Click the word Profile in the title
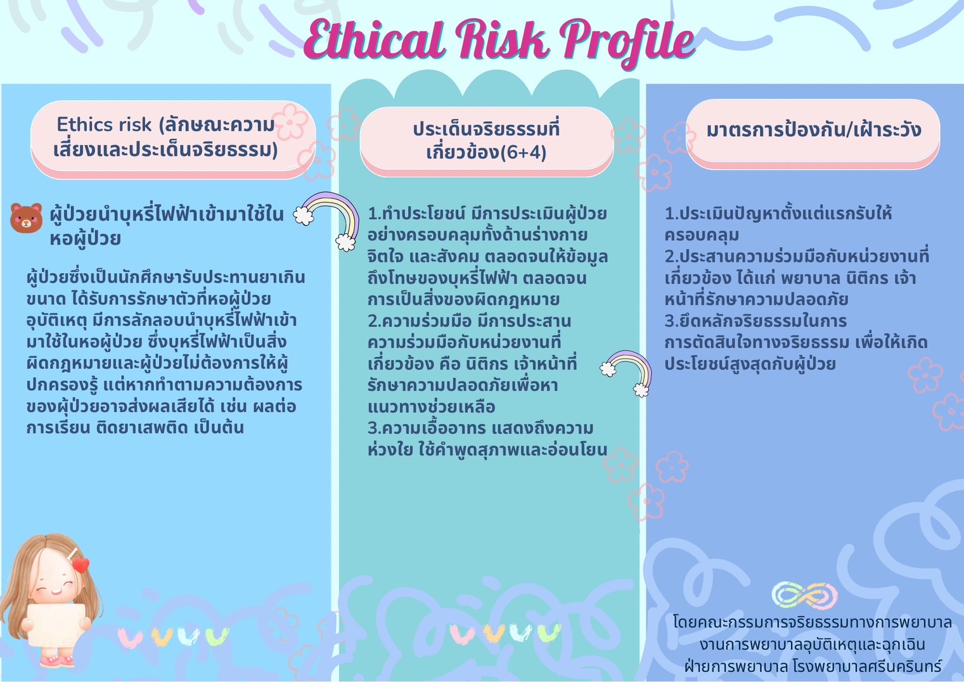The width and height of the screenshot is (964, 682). click(x=627, y=42)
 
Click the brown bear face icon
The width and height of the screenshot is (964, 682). click(x=26, y=218)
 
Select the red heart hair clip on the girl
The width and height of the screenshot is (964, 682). click(x=80, y=565)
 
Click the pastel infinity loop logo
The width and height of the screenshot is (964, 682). click(x=804, y=596)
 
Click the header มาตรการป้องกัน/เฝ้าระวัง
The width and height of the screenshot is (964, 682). click(x=813, y=129)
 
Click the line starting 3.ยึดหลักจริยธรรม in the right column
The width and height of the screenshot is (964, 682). click(x=755, y=321)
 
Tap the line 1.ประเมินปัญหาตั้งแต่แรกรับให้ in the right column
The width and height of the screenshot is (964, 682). click(x=778, y=214)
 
